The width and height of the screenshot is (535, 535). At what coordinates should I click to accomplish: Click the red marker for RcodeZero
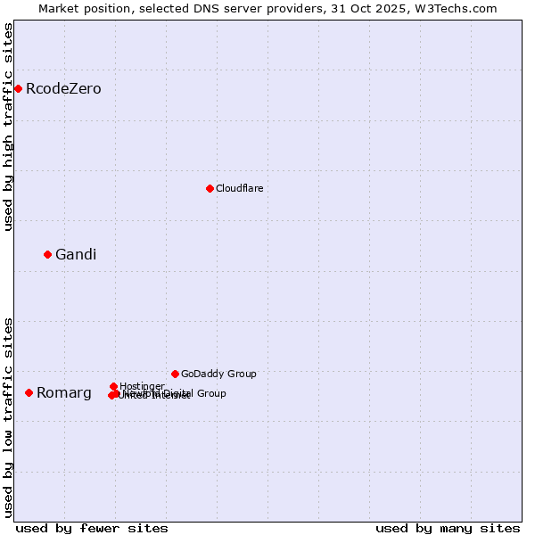tap(18, 88)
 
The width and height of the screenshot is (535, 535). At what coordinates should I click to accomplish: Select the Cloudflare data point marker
tap(210, 188)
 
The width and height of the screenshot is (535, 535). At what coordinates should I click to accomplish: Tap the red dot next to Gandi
tap(48, 254)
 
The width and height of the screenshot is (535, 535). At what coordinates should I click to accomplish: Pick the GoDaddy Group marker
tap(175, 374)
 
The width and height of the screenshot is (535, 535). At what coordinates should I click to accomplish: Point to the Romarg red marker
tap(29, 392)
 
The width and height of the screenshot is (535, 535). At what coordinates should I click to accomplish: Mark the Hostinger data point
tap(114, 386)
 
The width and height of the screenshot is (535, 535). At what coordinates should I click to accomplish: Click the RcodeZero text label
tap(63, 89)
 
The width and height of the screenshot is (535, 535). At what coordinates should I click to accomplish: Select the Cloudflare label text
tap(239, 188)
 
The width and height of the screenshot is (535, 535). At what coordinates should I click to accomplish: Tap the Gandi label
tap(76, 255)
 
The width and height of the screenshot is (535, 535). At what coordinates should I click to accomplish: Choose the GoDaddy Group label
tap(218, 374)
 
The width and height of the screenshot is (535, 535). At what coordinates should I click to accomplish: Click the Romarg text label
tap(64, 393)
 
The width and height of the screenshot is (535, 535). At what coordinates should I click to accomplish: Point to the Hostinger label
tap(142, 386)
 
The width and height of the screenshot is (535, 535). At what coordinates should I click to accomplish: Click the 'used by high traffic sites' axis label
tap(9, 127)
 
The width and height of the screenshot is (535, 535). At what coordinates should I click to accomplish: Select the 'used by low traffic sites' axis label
tap(9, 416)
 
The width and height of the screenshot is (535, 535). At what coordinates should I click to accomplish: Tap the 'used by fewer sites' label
tap(92, 528)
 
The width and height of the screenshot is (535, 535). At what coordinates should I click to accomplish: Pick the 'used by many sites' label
tap(448, 528)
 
